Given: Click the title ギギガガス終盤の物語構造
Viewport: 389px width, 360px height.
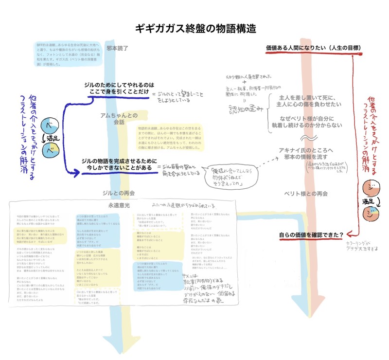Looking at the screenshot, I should pyautogui.click(x=194, y=27).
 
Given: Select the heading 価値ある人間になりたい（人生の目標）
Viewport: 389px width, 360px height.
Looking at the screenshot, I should pyautogui.click(x=313, y=48).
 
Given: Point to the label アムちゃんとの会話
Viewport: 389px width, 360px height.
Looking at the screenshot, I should pyautogui.click(x=119, y=118).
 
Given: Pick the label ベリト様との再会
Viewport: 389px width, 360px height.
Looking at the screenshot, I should pyautogui.click(x=306, y=193).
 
